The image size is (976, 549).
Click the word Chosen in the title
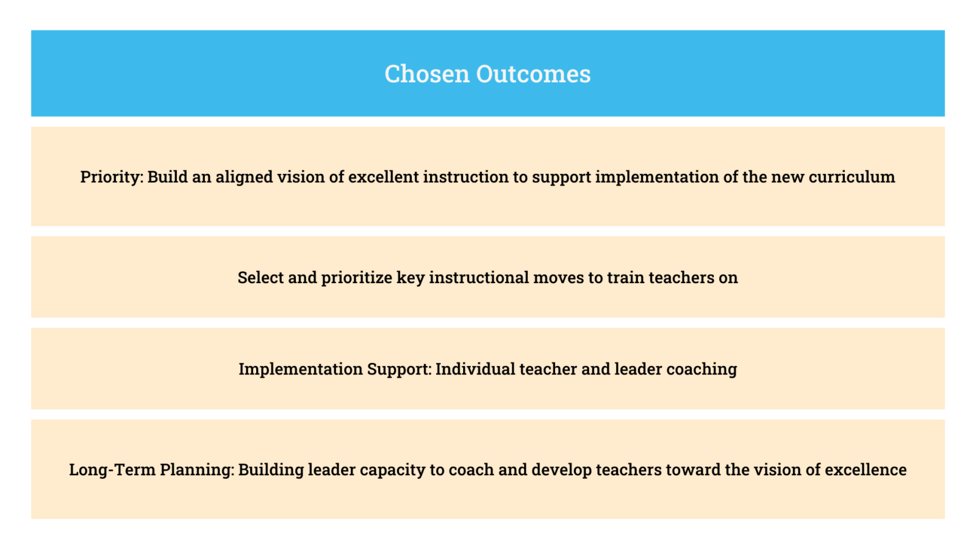427,74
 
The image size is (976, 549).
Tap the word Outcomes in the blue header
533,74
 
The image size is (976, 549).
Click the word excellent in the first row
384,177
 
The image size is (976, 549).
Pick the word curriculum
852,177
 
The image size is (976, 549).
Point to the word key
411,278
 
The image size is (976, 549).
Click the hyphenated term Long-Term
112,470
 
